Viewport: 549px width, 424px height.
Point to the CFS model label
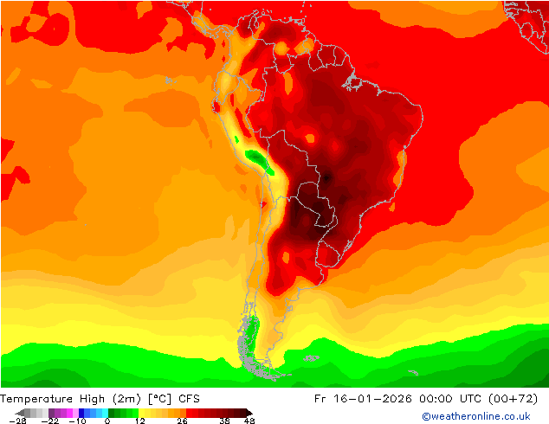191,398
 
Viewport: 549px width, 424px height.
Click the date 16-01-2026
369,398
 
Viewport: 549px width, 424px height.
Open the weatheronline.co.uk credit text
475,416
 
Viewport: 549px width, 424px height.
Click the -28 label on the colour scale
16,421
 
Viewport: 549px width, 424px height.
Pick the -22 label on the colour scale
50,421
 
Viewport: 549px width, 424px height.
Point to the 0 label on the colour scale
107,421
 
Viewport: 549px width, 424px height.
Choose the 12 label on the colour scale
139,421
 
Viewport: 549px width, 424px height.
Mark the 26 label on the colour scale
181,421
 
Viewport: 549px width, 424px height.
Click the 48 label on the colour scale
249,421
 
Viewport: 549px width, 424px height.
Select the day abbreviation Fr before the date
319,398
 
